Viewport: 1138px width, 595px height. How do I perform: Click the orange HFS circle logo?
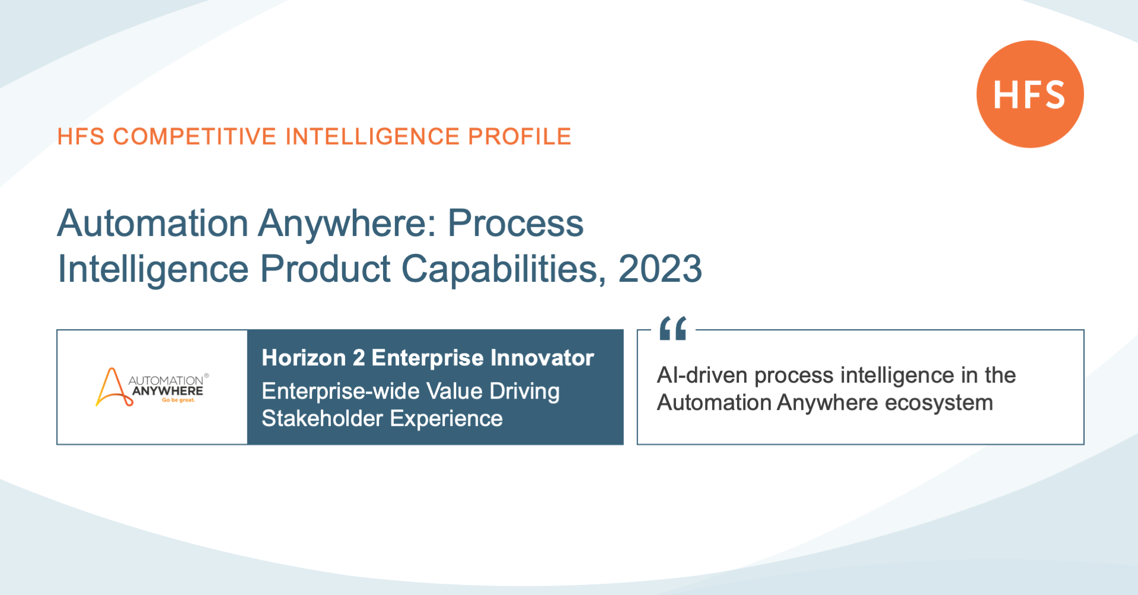coord(1030,94)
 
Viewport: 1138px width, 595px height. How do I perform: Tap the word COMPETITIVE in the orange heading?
coord(195,136)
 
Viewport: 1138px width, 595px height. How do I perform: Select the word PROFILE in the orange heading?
coord(519,136)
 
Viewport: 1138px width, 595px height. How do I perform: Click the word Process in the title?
coord(515,223)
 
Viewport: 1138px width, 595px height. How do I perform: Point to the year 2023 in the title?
coord(660,269)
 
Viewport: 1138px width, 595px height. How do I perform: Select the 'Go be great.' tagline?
coord(178,400)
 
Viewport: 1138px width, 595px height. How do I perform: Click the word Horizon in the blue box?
coord(304,358)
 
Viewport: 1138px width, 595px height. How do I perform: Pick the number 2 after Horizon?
coord(359,358)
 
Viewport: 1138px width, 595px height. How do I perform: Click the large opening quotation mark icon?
coord(673,328)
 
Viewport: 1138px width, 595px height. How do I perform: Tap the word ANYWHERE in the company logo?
coord(168,391)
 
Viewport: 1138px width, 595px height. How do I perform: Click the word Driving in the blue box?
coord(524,392)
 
